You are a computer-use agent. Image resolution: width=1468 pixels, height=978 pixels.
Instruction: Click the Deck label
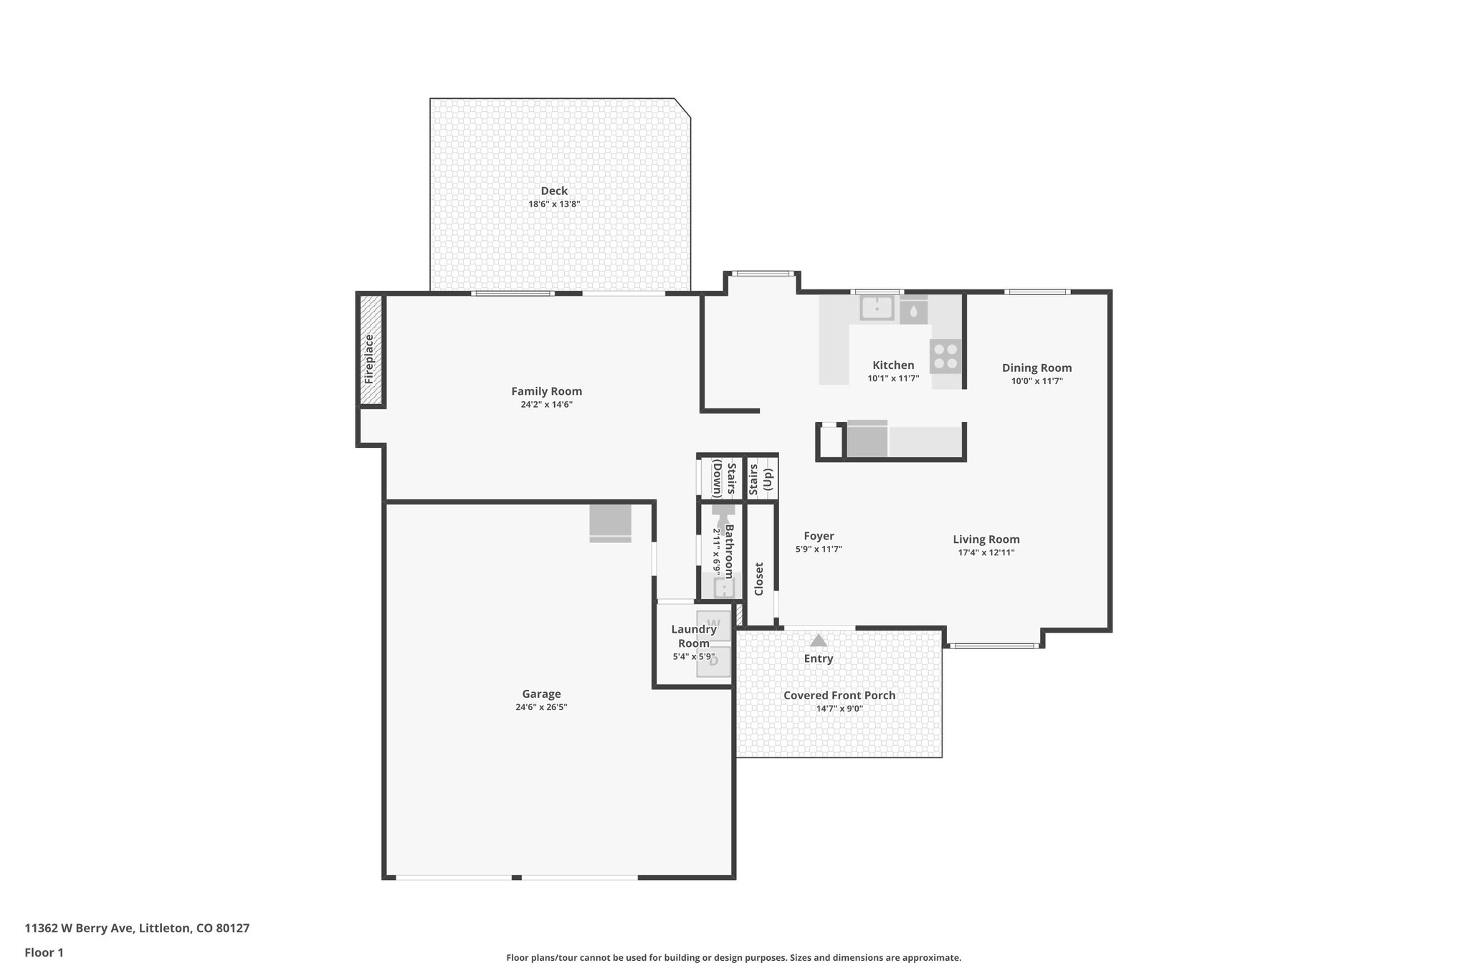point(553,191)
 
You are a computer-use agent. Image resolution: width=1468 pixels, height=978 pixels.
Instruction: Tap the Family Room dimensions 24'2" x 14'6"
point(546,405)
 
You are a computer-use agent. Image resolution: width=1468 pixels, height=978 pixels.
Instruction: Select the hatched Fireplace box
point(370,350)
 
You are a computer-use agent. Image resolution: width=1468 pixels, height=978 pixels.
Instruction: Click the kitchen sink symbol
point(877,308)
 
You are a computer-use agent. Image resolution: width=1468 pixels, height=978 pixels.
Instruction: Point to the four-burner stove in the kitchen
point(945,356)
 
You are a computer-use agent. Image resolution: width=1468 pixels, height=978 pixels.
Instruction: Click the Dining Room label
point(1036,368)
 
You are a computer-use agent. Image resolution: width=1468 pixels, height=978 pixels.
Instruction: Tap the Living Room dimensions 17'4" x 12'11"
point(986,552)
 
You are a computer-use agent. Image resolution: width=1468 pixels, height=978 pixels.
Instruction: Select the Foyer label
point(819,536)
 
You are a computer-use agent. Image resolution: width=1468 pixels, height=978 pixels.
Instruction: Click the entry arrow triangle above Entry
point(818,640)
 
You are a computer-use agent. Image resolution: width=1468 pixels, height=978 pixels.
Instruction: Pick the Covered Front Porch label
point(839,695)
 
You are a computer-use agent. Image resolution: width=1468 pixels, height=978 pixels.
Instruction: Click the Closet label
point(759,579)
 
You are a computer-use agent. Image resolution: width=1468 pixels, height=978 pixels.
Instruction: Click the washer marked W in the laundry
point(714,625)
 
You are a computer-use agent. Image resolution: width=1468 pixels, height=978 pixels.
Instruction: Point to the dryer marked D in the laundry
point(714,661)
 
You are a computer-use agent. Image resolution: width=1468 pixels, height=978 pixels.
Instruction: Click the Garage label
point(541,694)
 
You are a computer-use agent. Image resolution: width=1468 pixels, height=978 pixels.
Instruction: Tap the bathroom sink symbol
point(725,588)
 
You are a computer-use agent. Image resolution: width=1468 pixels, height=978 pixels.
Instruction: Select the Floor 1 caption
point(44,953)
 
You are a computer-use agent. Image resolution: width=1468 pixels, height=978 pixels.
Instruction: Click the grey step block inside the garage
point(610,523)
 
